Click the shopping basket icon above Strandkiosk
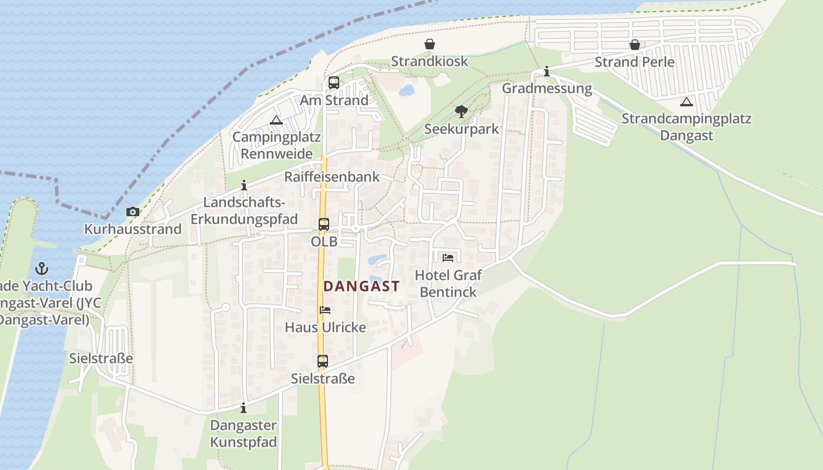[x=430, y=44]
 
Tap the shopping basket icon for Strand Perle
[x=634, y=45]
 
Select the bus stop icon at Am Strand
[x=334, y=83]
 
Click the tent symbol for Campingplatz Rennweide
[x=276, y=120]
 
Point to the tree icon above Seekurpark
[x=461, y=111]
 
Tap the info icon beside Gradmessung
[x=547, y=72]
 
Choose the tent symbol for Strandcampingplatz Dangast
[x=686, y=102]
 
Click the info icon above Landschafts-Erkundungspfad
[x=244, y=186]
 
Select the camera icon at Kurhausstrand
[x=133, y=211]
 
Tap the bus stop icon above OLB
[x=324, y=224]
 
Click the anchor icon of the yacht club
[x=42, y=269]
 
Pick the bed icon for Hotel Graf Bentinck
[x=448, y=257]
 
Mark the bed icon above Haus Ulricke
[x=325, y=310]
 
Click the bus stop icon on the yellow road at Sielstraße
[x=323, y=361]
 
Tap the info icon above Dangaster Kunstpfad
[x=243, y=408]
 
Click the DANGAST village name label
[x=362, y=287]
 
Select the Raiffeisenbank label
[x=332, y=177]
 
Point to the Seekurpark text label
[x=461, y=129]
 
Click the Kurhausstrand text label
[x=133, y=229]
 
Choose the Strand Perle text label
[x=634, y=62]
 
